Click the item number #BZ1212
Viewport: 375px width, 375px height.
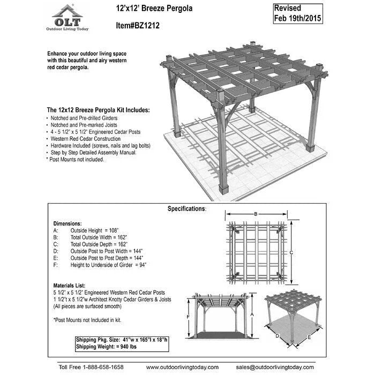pos(138,25)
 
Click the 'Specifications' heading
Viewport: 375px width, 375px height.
pos(186,208)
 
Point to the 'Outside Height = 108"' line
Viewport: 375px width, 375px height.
pos(96,230)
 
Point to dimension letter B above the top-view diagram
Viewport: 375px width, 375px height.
pos(256,214)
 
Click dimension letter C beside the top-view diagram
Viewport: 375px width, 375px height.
pos(291,253)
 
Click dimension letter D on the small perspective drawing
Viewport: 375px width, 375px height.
pos(277,336)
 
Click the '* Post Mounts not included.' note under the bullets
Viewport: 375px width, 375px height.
pos(75,159)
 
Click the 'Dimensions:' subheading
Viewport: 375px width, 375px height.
pos(67,223)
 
